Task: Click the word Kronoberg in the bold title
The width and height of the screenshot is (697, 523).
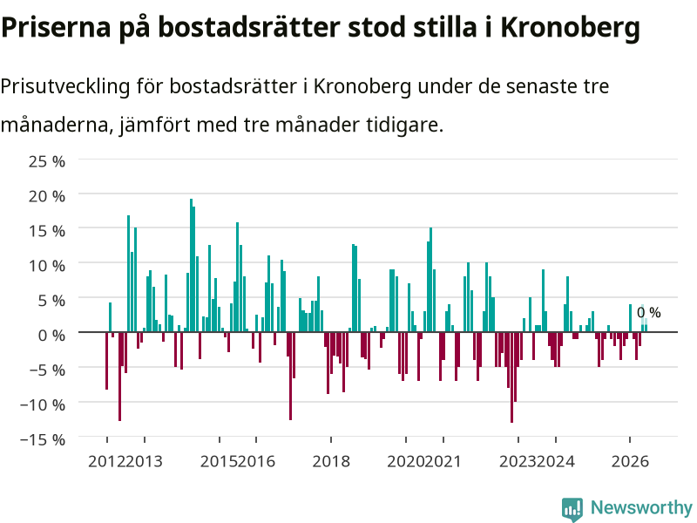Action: click(571, 28)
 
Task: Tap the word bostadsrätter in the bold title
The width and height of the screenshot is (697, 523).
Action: click(250, 28)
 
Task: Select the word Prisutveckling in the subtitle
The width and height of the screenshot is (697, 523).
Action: click(64, 86)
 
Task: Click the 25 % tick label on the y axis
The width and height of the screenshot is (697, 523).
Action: click(47, 161)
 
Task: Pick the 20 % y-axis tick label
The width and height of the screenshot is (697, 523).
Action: click(47, 196)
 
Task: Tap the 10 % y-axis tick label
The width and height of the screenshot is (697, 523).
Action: click(47, 266)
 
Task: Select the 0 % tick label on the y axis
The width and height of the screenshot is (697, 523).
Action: click(51, 336)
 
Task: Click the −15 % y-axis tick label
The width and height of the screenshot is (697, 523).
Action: click(43, 440)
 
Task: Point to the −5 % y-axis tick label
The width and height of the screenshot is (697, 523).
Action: click(47, 370)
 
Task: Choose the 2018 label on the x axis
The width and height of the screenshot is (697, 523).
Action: click(331, 461)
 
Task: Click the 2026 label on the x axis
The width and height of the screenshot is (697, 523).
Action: click(630, 461)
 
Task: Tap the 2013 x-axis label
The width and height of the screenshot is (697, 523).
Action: click(144, 461)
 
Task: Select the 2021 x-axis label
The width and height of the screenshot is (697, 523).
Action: click(443, 461)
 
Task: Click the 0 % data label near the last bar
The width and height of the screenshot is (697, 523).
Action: click(648, 313)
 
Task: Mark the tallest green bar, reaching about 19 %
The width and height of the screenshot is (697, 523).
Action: click(191, 265)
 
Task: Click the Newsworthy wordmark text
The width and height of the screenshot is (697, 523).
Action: click(641, 507)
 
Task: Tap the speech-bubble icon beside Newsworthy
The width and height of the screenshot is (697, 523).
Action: click(572, 509)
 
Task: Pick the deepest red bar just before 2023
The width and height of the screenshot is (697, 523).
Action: click(512, 377)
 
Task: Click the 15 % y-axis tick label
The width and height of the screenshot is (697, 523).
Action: click(47, 231)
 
